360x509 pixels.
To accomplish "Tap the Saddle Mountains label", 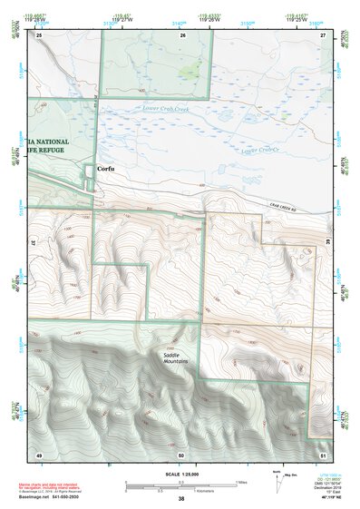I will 175,357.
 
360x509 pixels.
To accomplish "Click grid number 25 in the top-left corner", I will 39,34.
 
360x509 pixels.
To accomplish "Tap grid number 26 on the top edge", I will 182,34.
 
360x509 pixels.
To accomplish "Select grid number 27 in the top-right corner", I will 323,34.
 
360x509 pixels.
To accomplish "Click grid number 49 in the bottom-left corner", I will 39,454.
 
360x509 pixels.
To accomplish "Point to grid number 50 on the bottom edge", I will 181,454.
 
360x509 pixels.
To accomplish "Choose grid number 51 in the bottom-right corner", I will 323,454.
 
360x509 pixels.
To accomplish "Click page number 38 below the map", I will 181,499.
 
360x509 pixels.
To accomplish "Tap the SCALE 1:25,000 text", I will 180,475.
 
